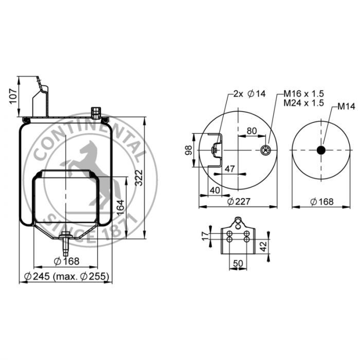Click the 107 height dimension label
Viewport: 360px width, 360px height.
pos(13,96)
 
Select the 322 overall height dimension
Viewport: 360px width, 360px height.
pos(139,178)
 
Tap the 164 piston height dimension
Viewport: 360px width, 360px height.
pos(120,208)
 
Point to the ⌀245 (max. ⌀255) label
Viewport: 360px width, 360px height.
pos(66,276)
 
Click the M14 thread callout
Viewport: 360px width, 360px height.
pos(346,106)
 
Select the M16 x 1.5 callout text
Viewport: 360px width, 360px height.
pos(304,94)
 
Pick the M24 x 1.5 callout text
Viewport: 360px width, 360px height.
pos(304,103)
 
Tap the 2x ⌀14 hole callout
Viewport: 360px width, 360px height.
pos(249,94)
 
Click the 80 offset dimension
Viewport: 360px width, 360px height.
pos(251,131)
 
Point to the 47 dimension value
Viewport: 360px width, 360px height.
pos(229,169)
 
